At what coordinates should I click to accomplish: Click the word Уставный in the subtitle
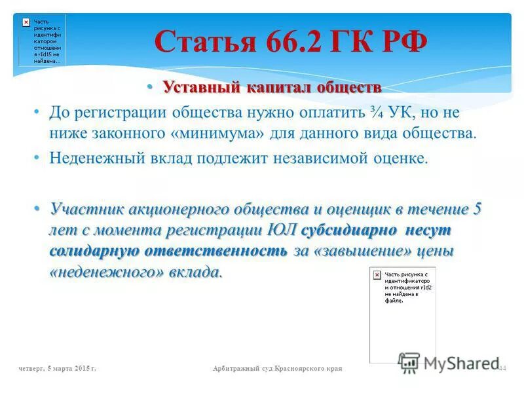[200, 87]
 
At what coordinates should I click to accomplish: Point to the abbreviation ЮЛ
[283, 231]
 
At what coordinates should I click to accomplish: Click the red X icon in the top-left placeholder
[26, 22]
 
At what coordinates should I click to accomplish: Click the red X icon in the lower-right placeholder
[377, 275]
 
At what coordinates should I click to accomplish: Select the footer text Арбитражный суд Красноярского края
[278, 369]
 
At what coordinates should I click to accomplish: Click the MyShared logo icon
[409, 362]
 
